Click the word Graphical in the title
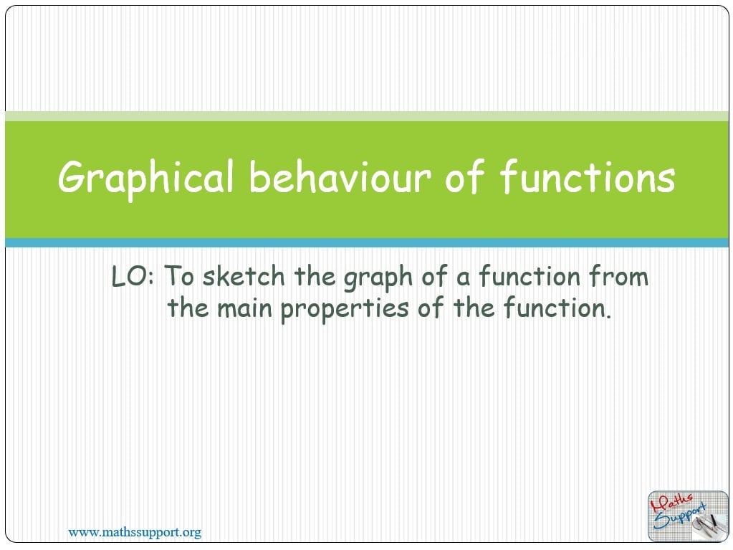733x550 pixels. coord(145,178)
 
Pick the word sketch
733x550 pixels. coord(244,275)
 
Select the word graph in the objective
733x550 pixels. coord(378,278)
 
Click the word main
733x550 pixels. coord(244,308)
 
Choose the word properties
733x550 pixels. coord(345,310)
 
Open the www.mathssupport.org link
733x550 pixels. coord(135,532)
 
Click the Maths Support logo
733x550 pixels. coord(688,516)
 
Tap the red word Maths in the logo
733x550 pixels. coord(672,502)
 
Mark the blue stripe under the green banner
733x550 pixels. coord(367,242)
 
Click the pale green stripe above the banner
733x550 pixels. coord(367,116)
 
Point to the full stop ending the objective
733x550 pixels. coord(608,317)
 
